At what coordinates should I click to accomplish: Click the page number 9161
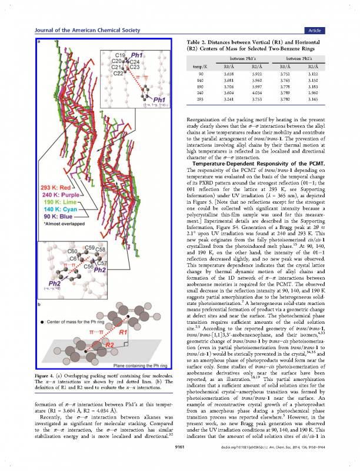(x=179, y=464)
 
